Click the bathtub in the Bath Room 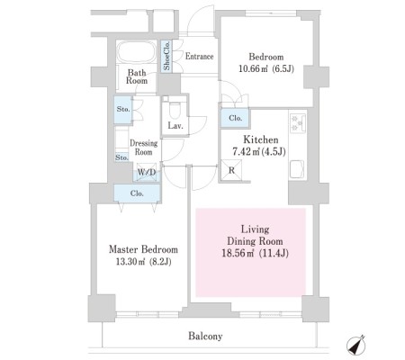tap(136, 52)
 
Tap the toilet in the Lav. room tap(175, 111)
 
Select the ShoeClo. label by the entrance tap(166, 56)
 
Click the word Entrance tap(199, 56)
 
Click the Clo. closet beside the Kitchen tap(235, 118)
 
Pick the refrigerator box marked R tap(231, 170)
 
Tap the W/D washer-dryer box tap(147, 172)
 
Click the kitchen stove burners tap(298, 122)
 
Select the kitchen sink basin tap(297, 169)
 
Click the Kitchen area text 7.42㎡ tap(246, 152)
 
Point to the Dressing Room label tap(143, 148)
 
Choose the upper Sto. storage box tap(123, 110)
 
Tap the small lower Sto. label tap(121, 157)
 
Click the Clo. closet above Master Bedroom tap(137, 193)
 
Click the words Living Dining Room tap(255, 235)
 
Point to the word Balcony tap(205, 336)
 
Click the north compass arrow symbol tap(356, 346)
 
